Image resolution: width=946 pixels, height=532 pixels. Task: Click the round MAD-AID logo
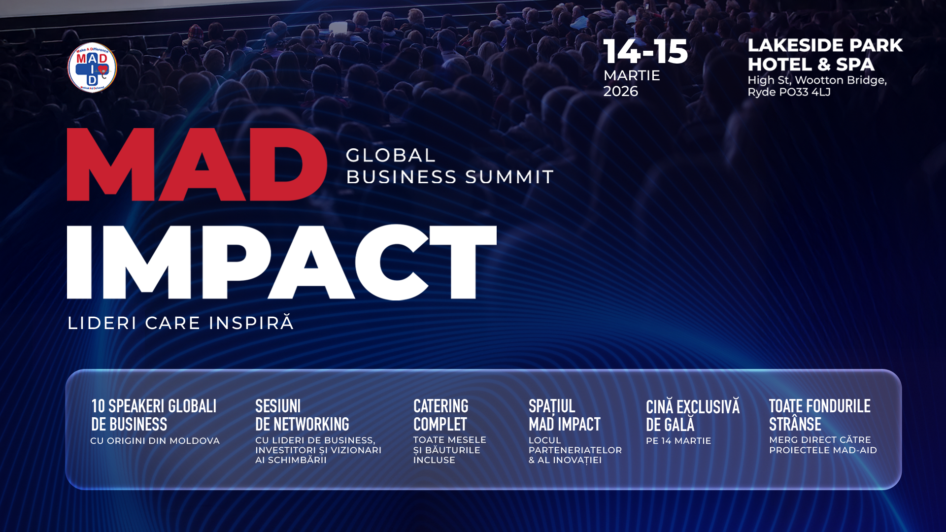click(x=92, y=67)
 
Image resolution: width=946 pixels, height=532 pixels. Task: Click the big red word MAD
click(x=197, y=165)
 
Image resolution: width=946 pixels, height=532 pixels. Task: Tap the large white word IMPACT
click(x=282, y=262)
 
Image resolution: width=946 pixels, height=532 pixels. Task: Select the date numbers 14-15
click(x=645, y=52)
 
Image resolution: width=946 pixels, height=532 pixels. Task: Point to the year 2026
click(x=621, y=92)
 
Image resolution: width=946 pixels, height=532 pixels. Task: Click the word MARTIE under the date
click(x=632, y=75)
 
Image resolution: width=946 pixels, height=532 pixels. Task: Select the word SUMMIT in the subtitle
click(x=509, y=177)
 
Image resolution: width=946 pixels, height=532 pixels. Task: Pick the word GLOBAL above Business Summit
click(x=391, y=156)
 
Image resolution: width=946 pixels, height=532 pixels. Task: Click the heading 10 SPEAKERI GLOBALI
click(x=154, y=406)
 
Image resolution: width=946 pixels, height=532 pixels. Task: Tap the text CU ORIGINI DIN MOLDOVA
click(x=155, y=441)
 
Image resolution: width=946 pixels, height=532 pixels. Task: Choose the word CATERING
click(x=441, y=406)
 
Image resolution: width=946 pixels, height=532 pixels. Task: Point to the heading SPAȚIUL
click(x=552, y=407)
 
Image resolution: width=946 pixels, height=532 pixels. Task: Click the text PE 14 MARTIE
click(x=678, y=441)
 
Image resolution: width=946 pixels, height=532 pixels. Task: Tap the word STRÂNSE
click(x=795, y=424)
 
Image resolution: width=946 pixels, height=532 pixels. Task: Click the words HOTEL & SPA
click(x=811, y=65)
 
